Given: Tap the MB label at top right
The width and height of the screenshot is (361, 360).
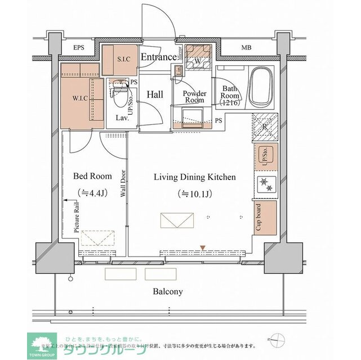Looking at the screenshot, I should tap(247, 48).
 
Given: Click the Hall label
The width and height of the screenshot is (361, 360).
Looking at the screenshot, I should tap(155, 95).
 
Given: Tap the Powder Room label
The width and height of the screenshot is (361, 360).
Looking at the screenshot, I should tap(194, 97).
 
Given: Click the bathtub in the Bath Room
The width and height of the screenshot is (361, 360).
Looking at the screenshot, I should tap(261, 87).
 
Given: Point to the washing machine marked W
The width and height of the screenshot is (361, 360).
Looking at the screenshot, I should tap(198, 60).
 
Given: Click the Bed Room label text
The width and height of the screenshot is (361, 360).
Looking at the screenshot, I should tap(92, 175).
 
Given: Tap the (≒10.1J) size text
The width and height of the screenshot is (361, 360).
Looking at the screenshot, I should tap(194, 194).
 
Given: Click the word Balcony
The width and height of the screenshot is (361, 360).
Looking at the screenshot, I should tap(167, 291).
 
